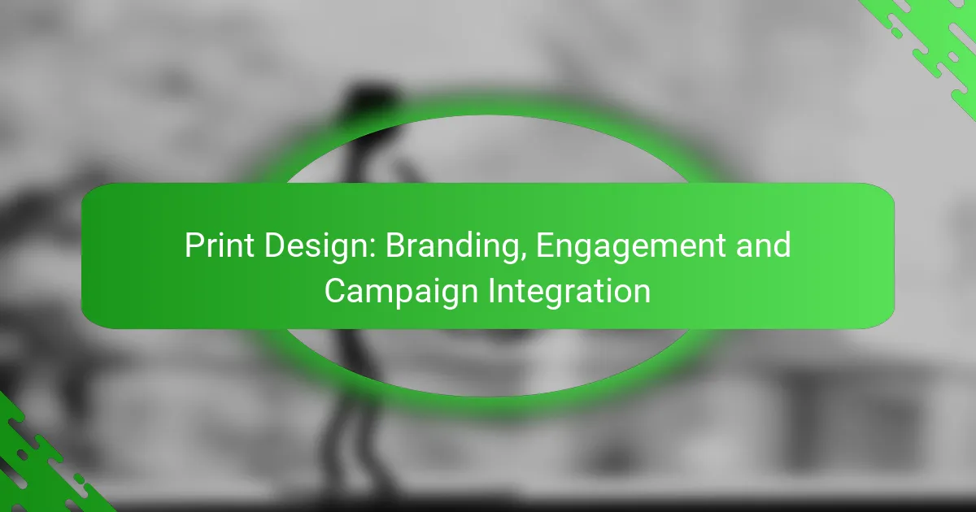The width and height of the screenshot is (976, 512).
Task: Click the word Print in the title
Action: [x=216, y=245]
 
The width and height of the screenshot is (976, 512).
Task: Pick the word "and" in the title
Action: [x=765, y=245]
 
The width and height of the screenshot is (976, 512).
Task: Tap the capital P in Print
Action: [x=193, y=245]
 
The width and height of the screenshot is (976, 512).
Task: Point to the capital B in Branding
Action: [x=394, y=245]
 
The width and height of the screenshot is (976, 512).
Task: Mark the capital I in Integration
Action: [x=493, y=291]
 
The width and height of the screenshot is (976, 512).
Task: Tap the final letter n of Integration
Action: [x=643, y=293]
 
